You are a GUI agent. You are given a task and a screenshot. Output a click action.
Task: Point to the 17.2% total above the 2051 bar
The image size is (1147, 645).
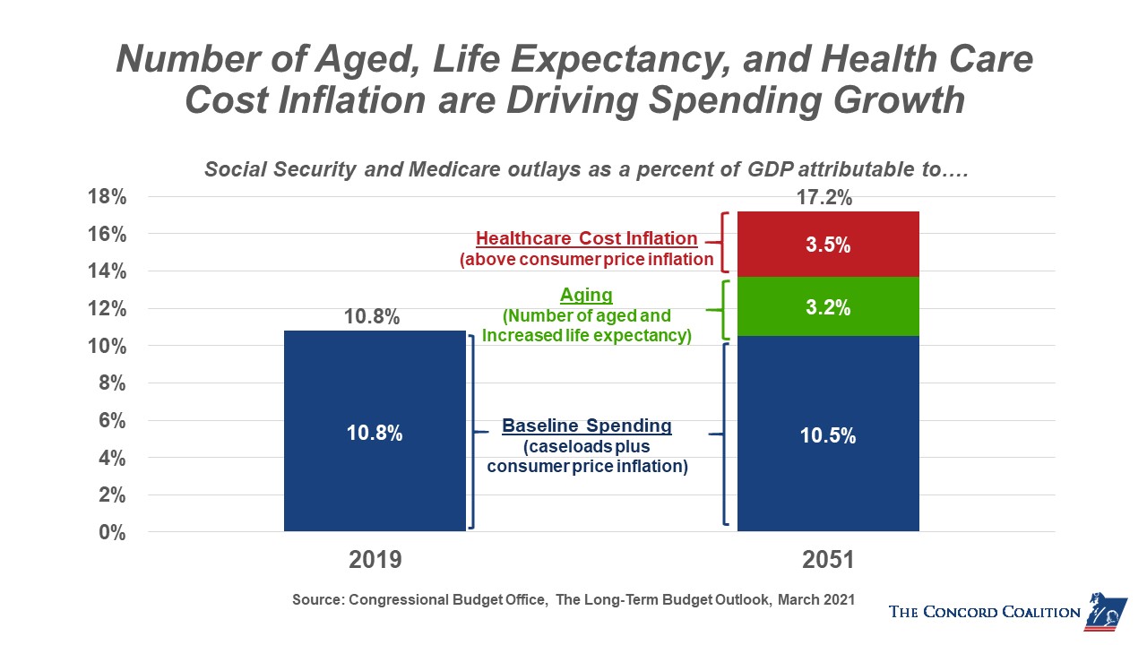point(824,198)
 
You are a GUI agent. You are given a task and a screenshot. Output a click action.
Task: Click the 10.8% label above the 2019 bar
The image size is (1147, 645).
point(372,317)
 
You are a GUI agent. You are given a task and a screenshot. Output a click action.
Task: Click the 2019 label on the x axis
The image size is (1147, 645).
point(375,561)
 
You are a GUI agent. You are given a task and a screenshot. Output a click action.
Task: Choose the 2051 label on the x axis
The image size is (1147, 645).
point(827,561)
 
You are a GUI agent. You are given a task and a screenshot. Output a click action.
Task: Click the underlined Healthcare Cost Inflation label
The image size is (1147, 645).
point(586,239)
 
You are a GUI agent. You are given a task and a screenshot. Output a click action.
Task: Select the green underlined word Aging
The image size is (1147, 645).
point(586,295)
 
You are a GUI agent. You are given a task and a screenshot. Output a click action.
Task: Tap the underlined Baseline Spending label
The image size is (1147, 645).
point(587,426)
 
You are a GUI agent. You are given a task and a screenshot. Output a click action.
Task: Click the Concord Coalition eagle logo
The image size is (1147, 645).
point(1106,611)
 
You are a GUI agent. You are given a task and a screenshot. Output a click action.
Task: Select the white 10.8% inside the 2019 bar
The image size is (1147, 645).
point(375,434)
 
